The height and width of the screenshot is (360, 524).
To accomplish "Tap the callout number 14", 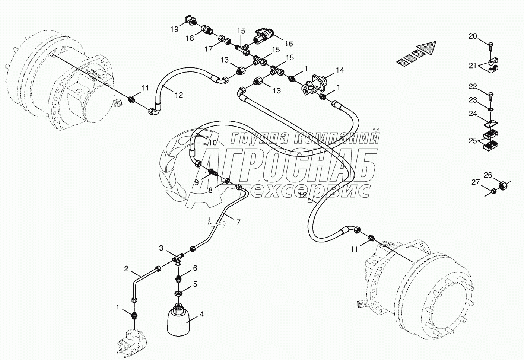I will (x=340, y=70).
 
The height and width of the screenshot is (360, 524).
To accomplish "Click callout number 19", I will (x=175, y=29).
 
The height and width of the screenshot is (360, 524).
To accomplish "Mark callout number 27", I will (x=476, y=182).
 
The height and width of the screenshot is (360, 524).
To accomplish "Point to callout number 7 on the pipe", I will (x=238, y=222).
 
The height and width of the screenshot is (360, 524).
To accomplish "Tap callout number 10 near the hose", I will (x=212, y=143).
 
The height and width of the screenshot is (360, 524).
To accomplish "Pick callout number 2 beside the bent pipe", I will (x=127, y=268).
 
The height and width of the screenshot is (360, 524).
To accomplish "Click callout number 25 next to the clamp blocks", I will (x=473, y=141).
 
